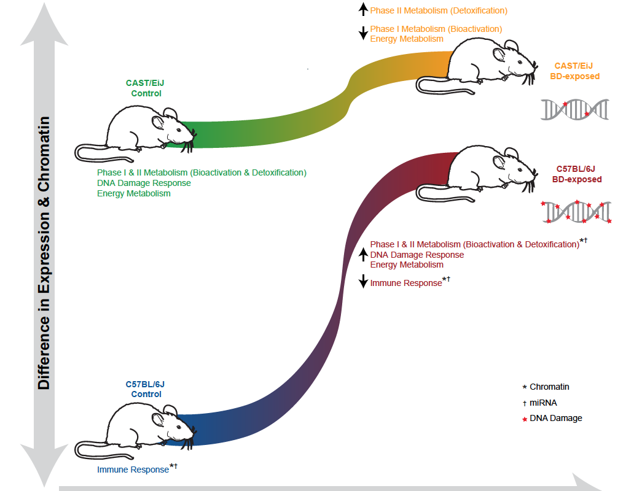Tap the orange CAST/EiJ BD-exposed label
pos(574,71)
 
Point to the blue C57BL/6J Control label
pos(146,389)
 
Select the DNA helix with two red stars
pos(574,109)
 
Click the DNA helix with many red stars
pos(576,212)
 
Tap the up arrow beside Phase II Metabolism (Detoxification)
pos(363,10)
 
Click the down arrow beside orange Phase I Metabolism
pos(363,33)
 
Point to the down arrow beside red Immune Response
pos(363,282)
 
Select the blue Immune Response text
pos(133,470)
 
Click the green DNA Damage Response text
pos(144,183)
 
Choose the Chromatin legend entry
pos(549,387)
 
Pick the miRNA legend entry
pos(543,403)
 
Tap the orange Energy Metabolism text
pos(407,39)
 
